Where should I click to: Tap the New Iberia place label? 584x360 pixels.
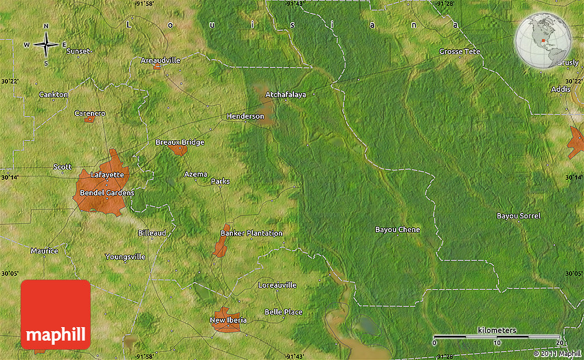pos(228,319)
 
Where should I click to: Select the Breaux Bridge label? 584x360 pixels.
pos(180,142)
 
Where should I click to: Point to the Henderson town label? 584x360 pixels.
pos(245,116)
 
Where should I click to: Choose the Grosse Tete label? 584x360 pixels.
pos(460,52)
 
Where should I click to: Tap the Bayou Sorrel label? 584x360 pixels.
pos(518,216)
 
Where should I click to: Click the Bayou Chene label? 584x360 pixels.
pos(397,229)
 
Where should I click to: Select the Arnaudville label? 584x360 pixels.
pos(160,60)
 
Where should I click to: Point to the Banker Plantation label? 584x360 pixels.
pos(251,233)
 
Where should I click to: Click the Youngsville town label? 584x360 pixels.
pos(125,256)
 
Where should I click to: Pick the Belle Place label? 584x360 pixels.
pos(283,312)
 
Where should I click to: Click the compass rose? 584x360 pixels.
pos(46,45)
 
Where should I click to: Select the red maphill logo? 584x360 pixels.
pos(56,315)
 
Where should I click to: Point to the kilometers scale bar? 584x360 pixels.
pos(496,337)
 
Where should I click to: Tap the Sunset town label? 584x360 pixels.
pos(78,51)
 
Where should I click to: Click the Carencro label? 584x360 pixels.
pos(89,112)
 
